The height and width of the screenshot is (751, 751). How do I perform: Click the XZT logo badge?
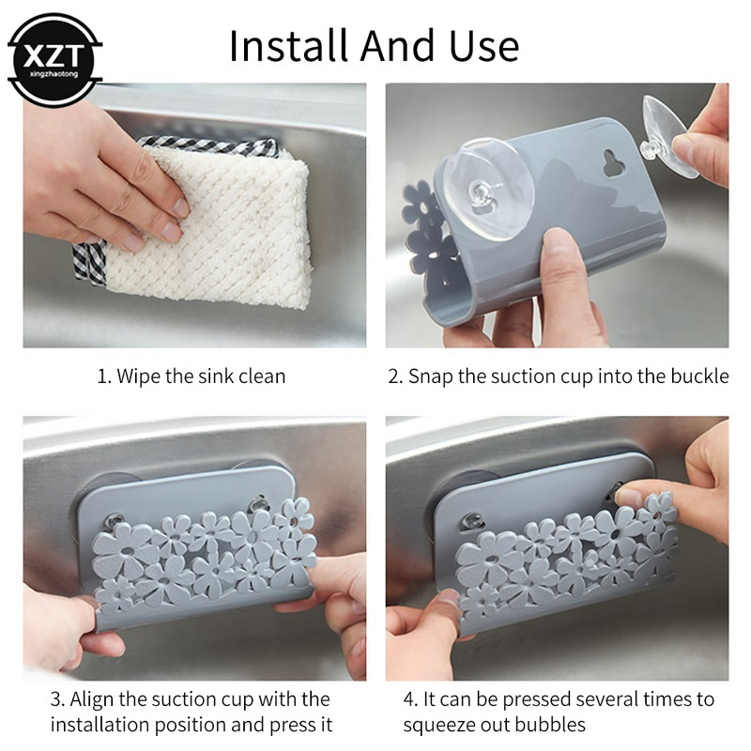[54, 59]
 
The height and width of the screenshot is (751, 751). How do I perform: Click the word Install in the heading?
[288, 46]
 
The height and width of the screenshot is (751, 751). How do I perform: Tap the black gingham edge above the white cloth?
[208, 145]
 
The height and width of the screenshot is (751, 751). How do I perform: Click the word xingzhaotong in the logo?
[54, 74]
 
